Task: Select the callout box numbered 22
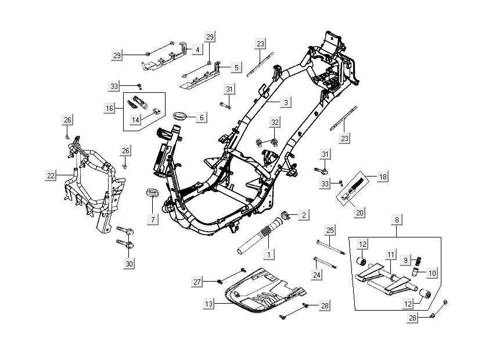pos(52,174)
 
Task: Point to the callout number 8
pos(397,220)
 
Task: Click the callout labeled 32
pos(275,122)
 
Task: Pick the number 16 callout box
pos(110,108)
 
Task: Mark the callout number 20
pos(360,213)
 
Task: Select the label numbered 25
pos(329,231)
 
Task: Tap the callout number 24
pos(317,275)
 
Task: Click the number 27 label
pos(197,282)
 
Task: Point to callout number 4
pos(197,50)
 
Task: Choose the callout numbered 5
pos(236,68)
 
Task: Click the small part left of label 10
pos(416,271)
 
